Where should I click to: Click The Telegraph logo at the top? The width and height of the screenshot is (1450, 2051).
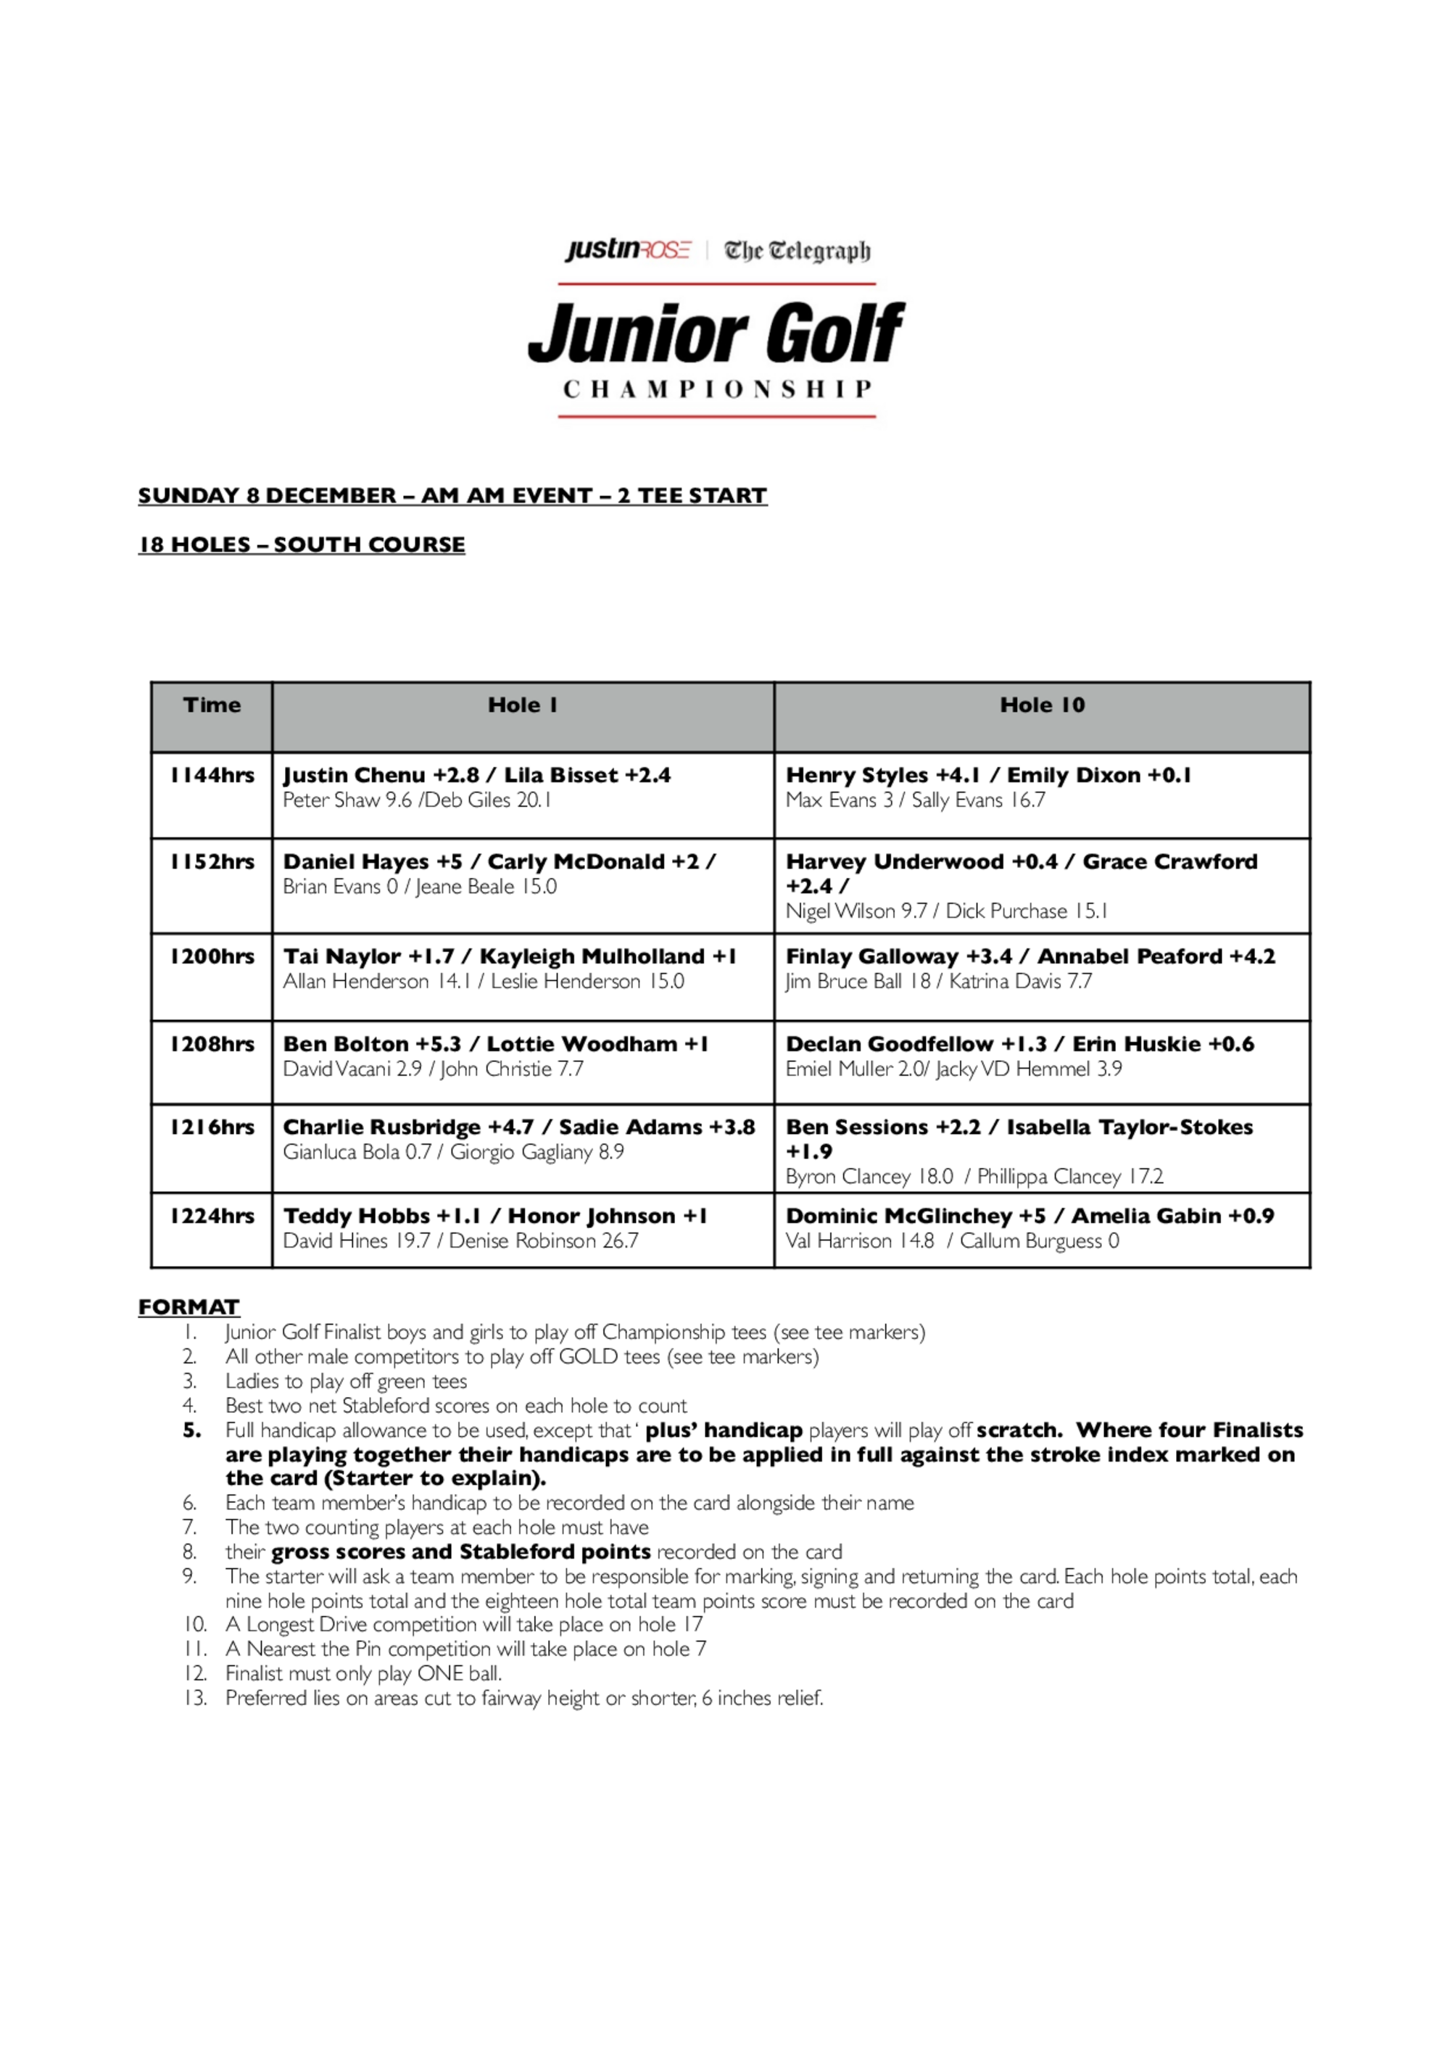797,250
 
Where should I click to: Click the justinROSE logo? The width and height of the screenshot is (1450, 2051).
627,249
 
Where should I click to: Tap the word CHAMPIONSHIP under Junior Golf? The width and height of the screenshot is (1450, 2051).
716,389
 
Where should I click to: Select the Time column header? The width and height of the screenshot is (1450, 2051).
212,705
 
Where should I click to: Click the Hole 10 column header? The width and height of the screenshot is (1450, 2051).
1042,705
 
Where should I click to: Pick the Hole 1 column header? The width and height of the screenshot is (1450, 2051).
523,705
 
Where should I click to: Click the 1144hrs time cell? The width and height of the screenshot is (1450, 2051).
212,776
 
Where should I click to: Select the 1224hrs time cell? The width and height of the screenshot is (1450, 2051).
212,1216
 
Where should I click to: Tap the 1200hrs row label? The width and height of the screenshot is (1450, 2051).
212,957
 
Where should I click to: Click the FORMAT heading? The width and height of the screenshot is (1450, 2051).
188,1307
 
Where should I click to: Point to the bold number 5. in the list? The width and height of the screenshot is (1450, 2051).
192,1430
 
